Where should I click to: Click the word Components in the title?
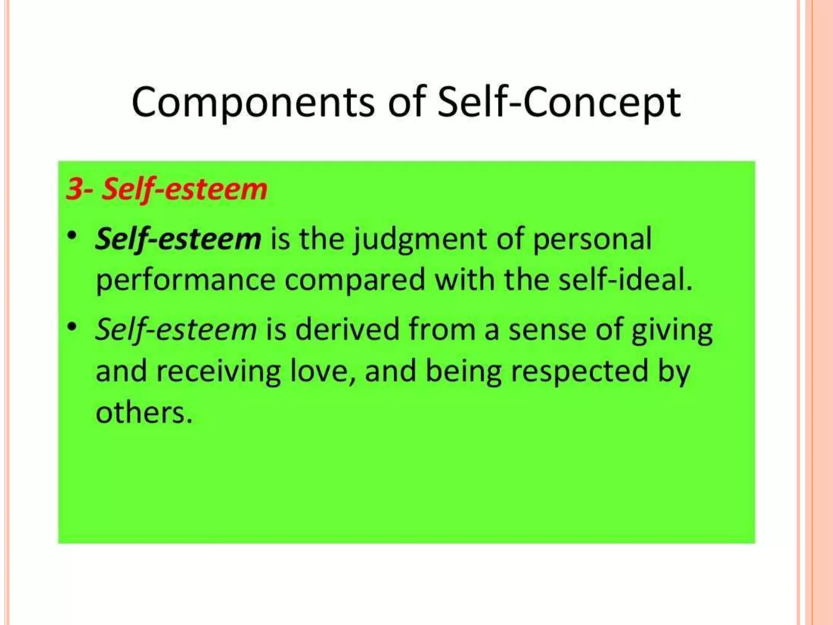(x=253, y=102)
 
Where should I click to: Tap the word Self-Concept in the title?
(x=559, y=102)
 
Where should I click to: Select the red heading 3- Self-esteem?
(x=167, y=189)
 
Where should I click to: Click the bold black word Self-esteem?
(x=178, y=239)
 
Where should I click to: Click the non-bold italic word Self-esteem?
(x=176, y=329)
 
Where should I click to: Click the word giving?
(x=672, y=331)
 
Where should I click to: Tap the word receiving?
(x=219, y=372)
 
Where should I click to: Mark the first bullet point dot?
(x=72, y=236)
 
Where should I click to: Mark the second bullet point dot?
(x=72, y=326)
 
